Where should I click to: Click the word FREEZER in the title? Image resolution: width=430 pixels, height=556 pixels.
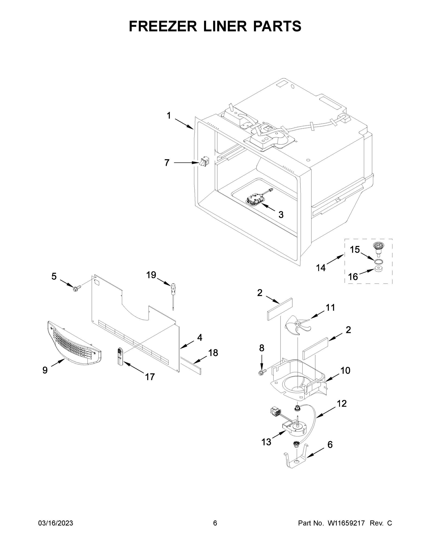point(163,26)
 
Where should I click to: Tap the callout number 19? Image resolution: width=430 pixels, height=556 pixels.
point(151,275)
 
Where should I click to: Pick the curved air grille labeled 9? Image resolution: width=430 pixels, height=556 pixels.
point(74,341)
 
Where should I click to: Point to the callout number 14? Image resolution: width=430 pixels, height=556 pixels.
point(321,268)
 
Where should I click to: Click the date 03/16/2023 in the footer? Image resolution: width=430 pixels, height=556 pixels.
point(56,523)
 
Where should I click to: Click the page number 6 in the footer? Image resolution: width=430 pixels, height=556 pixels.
point(215,523)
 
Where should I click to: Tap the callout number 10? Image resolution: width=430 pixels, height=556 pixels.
point(345,371)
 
